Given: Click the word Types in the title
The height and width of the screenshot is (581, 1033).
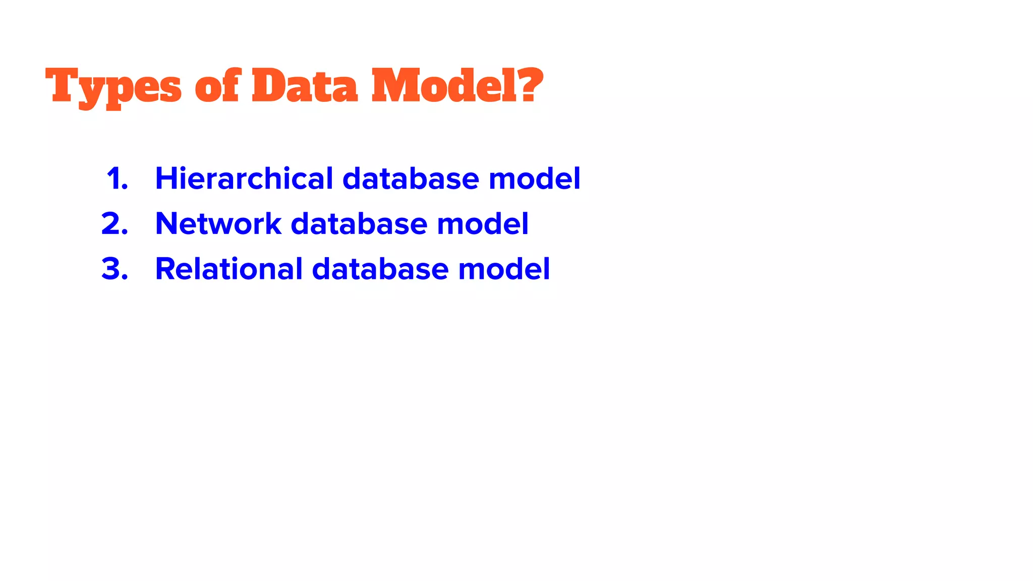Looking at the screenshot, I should (x=113, y=87).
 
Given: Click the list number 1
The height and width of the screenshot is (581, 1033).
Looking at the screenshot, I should (x=117, y=179).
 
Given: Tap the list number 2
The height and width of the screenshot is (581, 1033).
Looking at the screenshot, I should (x=115, y=223).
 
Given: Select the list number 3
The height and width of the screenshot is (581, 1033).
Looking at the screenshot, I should (x=115, y=269).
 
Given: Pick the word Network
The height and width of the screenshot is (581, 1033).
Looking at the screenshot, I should (x=218, y=223).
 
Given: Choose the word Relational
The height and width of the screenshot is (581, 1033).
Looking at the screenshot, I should (x=228, y=269).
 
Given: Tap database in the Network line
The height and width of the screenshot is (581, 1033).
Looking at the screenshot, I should (x=359, y=223).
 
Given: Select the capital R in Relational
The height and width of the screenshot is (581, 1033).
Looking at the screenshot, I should (x=165, y=269).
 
